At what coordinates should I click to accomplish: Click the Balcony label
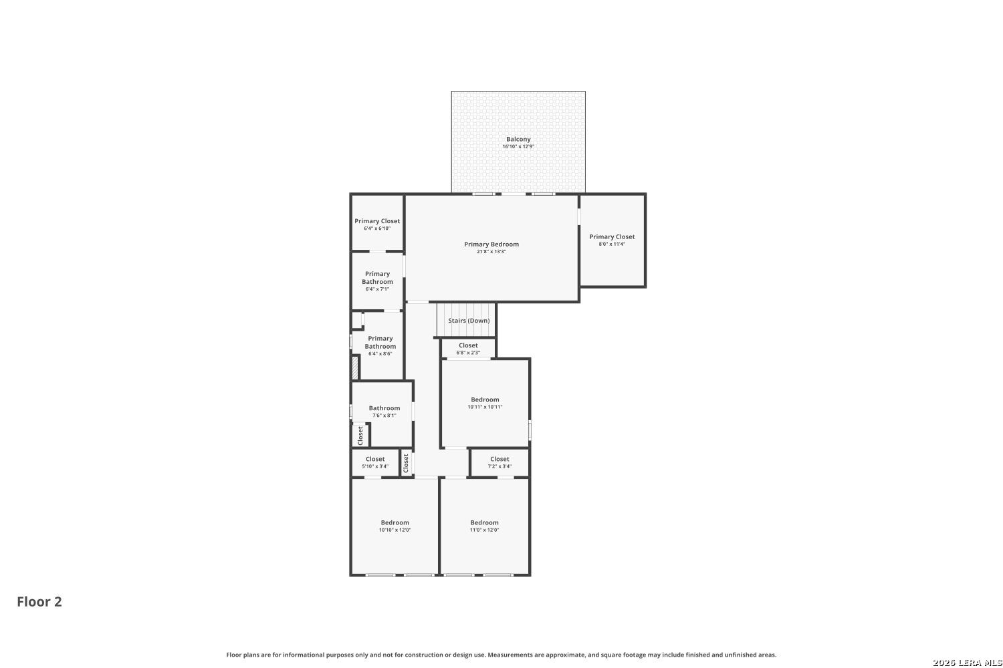(x=518, y=139)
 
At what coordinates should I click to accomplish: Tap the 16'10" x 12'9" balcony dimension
(x=518, y=146)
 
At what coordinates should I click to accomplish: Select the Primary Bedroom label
(x=491, y=244)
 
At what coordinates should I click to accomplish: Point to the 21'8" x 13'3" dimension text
(x=491, y=251)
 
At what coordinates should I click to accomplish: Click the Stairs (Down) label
(x=469, y=321)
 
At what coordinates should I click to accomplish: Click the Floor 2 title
(x=39, y=602)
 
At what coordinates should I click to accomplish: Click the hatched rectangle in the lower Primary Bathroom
(x=355, y=367)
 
